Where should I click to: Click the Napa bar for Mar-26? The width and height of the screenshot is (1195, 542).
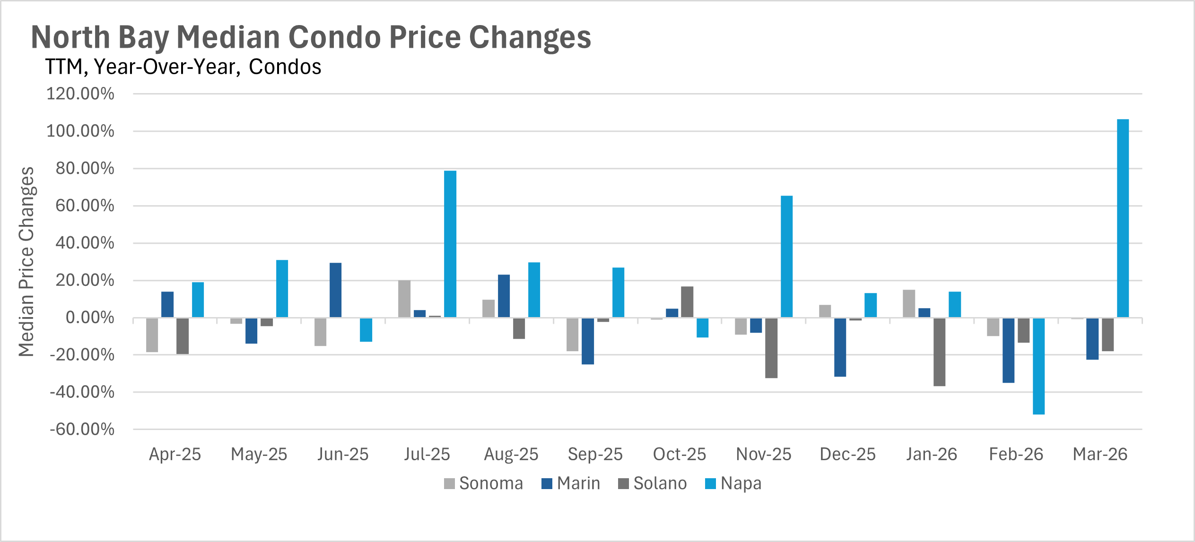1123,218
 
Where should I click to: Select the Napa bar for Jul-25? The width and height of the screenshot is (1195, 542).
450,244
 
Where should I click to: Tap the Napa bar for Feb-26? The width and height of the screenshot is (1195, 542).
1038,366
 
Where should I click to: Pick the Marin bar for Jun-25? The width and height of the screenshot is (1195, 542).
335,290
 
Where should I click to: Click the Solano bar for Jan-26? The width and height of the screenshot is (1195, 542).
939,352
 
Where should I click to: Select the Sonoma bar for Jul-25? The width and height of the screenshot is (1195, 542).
404,299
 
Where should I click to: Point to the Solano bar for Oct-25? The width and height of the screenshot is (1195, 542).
687,302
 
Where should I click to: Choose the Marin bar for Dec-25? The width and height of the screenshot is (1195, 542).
840,347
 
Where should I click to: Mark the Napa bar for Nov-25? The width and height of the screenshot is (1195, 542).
786,257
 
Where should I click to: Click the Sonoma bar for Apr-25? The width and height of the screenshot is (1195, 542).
152,335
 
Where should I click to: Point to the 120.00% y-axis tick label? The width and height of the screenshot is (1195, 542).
80,94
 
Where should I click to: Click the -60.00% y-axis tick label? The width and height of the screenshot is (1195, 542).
82,430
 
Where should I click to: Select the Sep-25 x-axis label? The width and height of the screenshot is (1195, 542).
595,454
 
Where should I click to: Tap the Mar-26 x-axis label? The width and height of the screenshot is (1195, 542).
1100,454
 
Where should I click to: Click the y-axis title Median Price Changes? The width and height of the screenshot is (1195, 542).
26,261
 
